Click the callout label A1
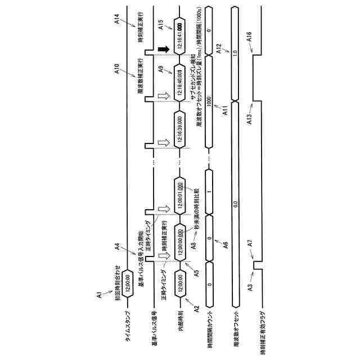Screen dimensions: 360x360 [98, 294]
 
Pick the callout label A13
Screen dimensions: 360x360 [249, 119]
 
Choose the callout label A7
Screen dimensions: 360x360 [249, 242]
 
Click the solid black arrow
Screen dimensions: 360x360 [163, 51]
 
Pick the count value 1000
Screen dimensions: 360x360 [209, 101]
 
